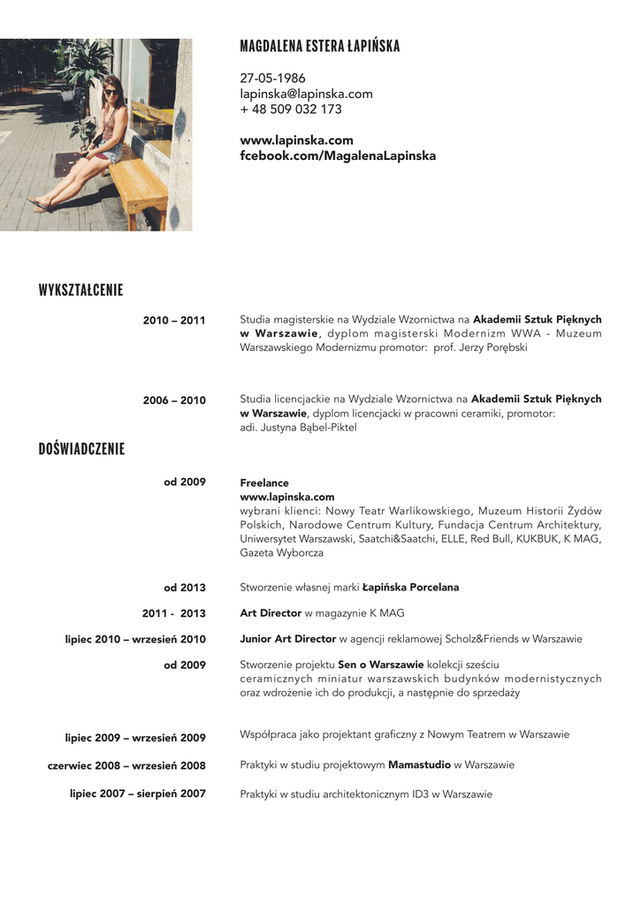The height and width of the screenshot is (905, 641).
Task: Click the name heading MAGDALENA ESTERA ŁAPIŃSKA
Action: pyautogui.click(x=319, y=47)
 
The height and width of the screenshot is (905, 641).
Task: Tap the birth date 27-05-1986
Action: pyautogui.click(x=272, y=79)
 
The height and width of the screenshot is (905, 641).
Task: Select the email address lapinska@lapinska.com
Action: pyautogui.click(x=306, y=94)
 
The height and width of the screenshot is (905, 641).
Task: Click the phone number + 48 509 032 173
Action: pyautogui.click(x=290, y=110)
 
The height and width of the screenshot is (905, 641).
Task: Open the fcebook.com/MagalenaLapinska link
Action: pyautogui.click(x=338, y=156)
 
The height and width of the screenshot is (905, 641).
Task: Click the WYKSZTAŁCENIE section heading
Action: pyautogui.click(x=80, y=291)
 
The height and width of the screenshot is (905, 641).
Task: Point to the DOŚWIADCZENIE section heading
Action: pyautogui.click(x=81, y=449)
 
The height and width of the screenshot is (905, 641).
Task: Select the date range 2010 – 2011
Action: pyautogui.click(x=174, y=321)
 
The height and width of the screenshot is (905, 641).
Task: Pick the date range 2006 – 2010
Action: pyautogui.click(x=174, y=400)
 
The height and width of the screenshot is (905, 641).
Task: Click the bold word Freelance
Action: pyautogui.click(x=264, y=483)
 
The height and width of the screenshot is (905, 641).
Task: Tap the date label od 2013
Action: pyautogui.click(x=185, y=588)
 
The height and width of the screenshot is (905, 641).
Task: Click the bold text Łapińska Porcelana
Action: pyautogui.click(x=410, y=588)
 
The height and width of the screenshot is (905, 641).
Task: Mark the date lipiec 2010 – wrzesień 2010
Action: pyautogui.click(x=135, y=639)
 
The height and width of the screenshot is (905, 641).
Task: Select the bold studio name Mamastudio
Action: pyautogui.click(x=419, y=764)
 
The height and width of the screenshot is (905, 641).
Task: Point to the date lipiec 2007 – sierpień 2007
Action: pyautogui.click(x=138, y=794)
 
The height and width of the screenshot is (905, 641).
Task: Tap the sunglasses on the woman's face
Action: pyautogui.click(x=111, y=91)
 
